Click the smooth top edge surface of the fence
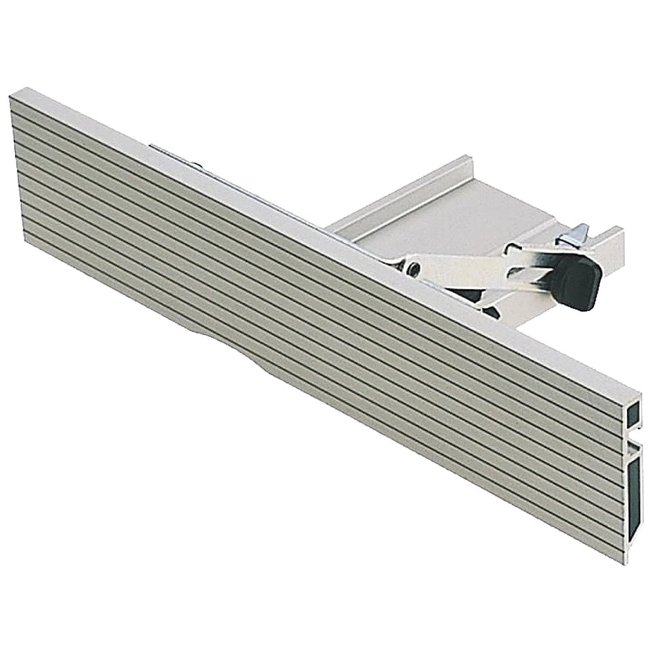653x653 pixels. (x=326, y=229)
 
